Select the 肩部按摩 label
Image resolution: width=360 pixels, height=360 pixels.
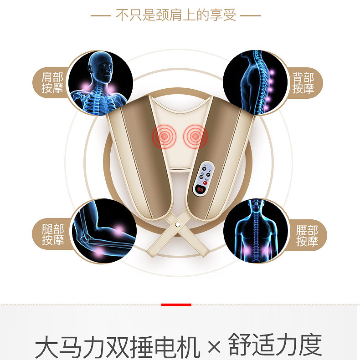click(52, 83)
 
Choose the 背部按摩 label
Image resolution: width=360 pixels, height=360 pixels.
click(303, 83)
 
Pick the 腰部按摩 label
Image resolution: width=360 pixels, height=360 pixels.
click(307, 235)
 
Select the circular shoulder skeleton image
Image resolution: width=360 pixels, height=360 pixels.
click(100, 83)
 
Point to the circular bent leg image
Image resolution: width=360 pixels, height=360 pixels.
click(104, 231)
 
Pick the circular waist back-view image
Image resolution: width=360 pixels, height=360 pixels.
click(256, 231)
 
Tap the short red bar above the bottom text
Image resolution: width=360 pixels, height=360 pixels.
click(176, 304)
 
